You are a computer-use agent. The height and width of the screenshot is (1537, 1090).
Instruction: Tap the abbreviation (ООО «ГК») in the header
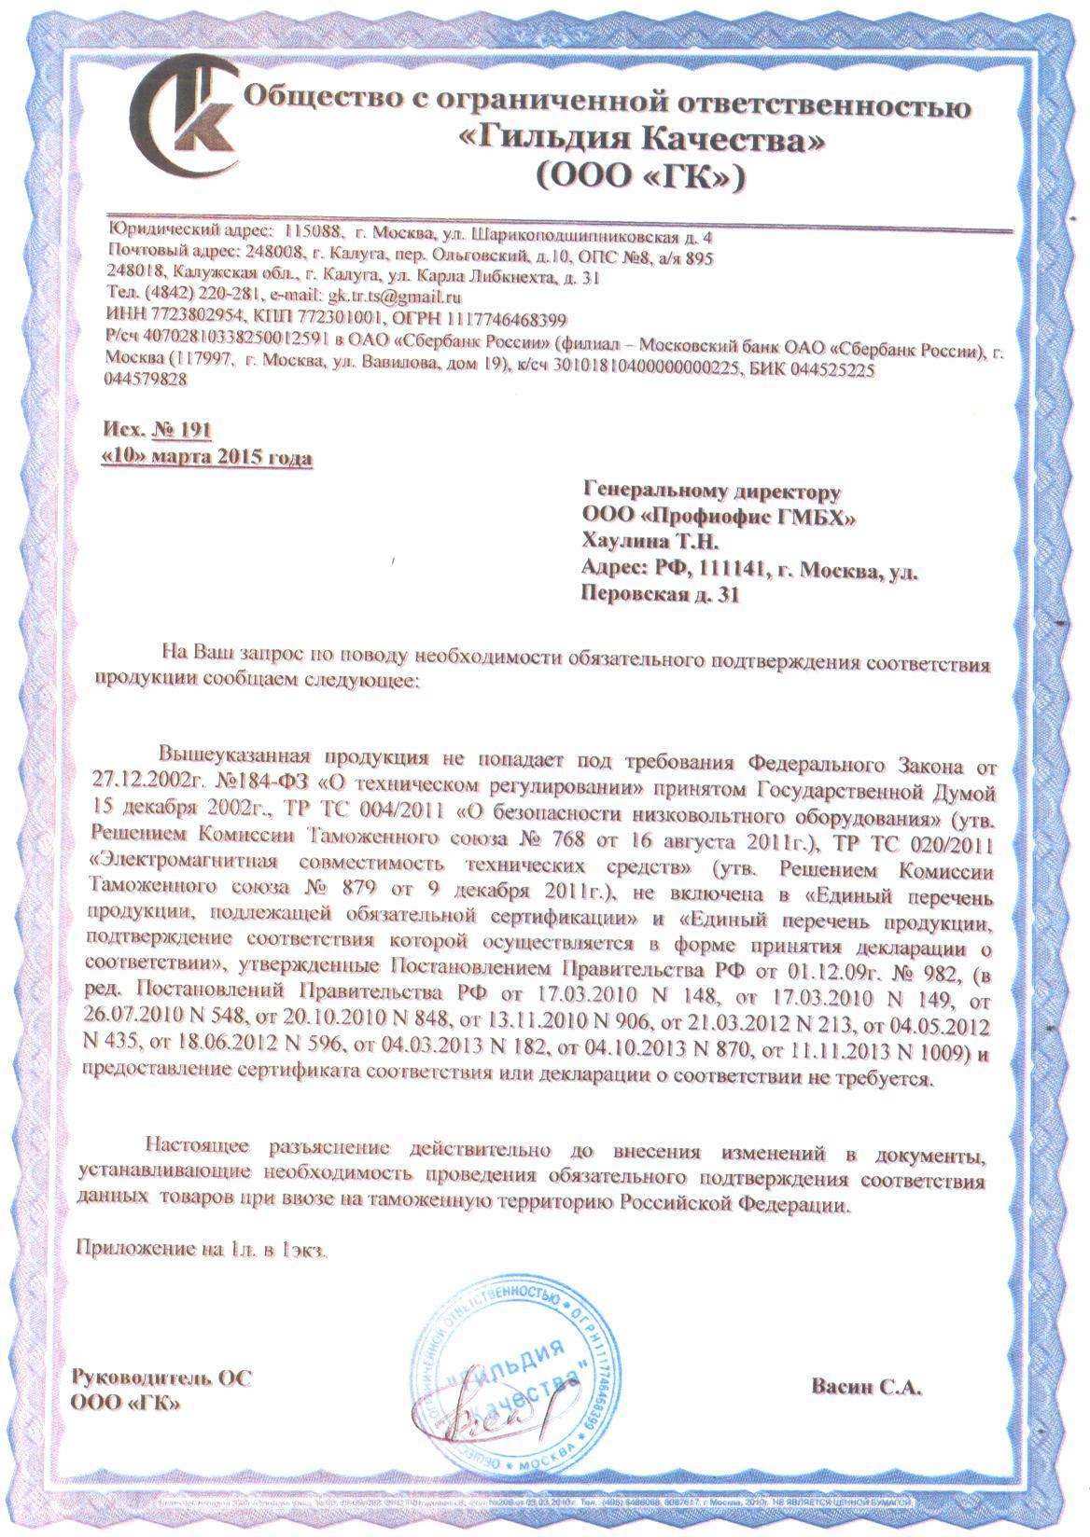pyautogui.click(x=638, y=176)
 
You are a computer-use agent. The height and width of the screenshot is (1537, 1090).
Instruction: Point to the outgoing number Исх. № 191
pyautogui.click(x=156, y=430)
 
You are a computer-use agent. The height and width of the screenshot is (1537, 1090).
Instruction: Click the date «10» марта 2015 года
pyautogui.click(x=206, y=458)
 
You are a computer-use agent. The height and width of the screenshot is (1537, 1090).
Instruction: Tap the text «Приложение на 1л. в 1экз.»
pyautogui.click(x=201, y=1249)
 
